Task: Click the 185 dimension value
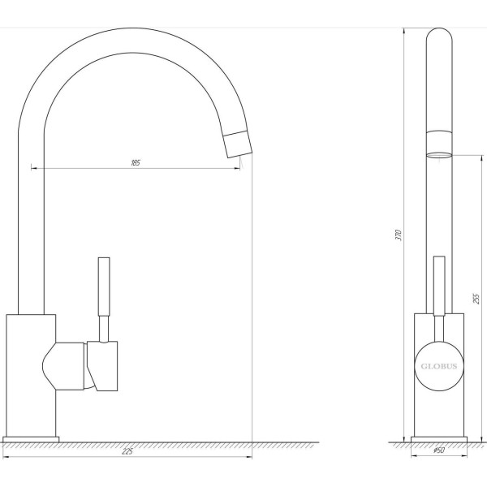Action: click(136, 163)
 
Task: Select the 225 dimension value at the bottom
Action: click(127, 451)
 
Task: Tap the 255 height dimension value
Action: click(476, 298)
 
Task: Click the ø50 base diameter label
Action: click(438, 450)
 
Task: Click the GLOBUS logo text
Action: click(438, 365)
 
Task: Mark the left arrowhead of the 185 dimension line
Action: click(33, 168)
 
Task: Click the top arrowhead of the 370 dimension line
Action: click(406, 30)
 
